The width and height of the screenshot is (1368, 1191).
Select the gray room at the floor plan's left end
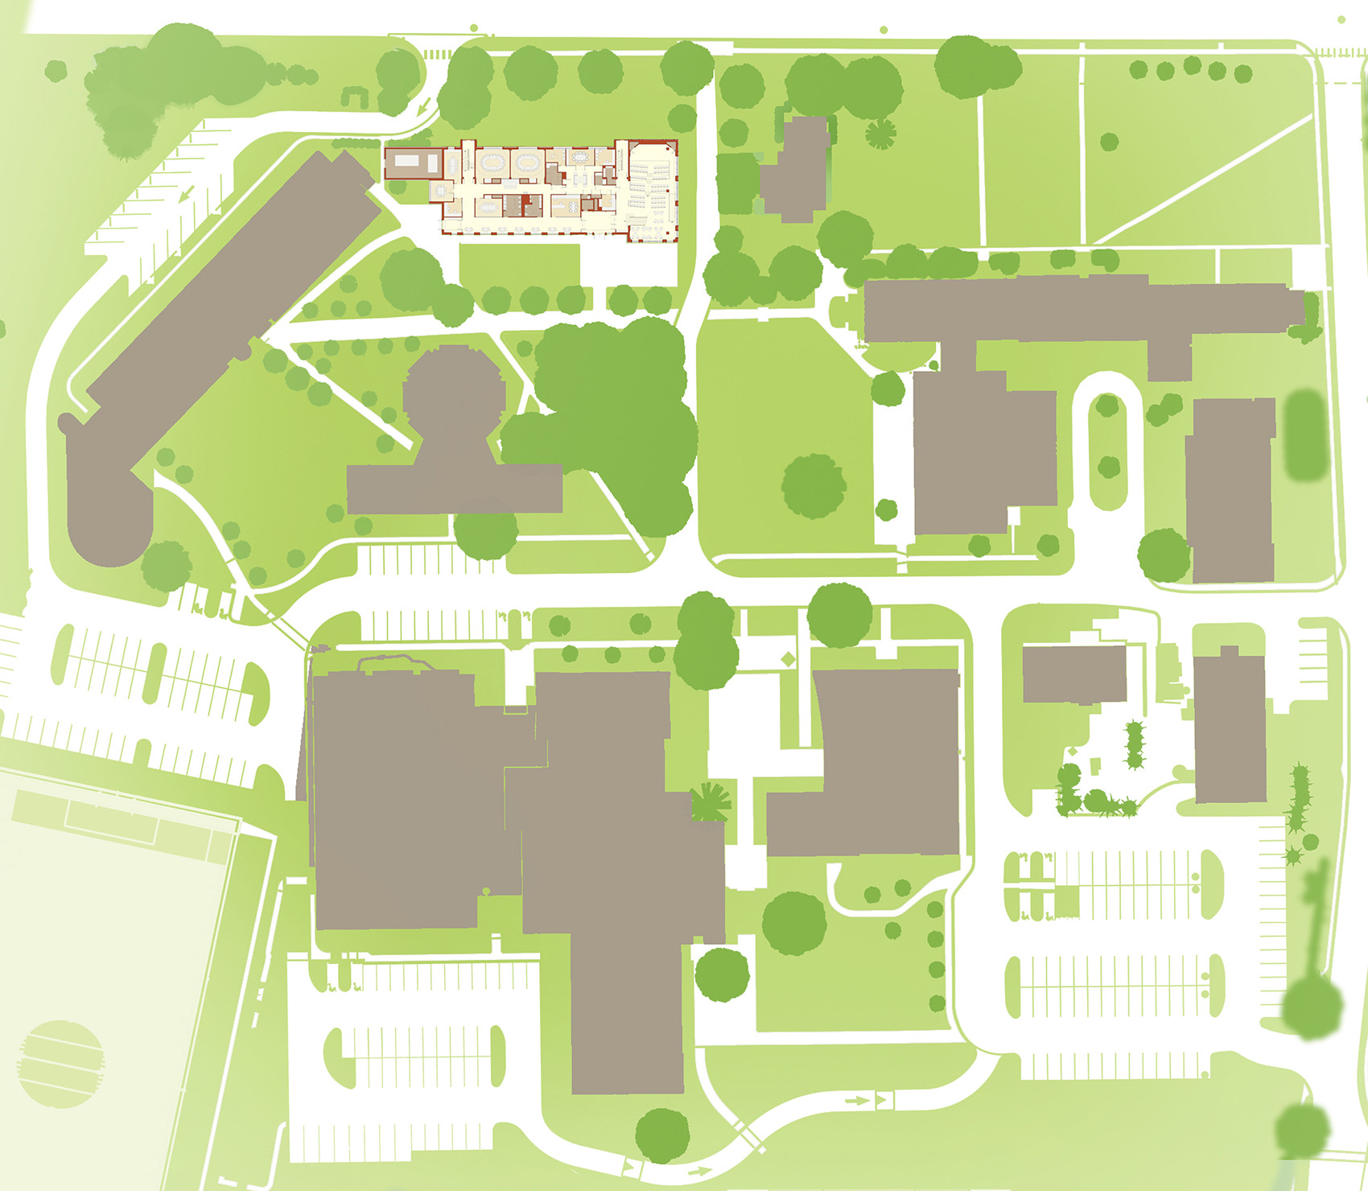pyautogui.click(x=411, y=163)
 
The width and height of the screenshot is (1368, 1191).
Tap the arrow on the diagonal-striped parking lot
pyautogui.click(x=187, y=194)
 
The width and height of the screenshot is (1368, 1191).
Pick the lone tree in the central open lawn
pyautogui.click(x=814, y=485)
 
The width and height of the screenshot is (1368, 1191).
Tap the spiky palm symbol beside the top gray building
pyautogui.click(x=880, y=134)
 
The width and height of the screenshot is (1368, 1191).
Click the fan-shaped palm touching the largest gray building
pyautogui.click(x=711, y=802)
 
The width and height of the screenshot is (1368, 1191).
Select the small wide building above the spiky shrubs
pyautogui.click(x=1074, y=674)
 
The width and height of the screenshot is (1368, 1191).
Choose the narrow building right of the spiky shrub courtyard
pyautogui.click(x=1230, y=728)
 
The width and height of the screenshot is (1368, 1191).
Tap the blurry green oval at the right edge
pyautogui.click(x=1304, y=435)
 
